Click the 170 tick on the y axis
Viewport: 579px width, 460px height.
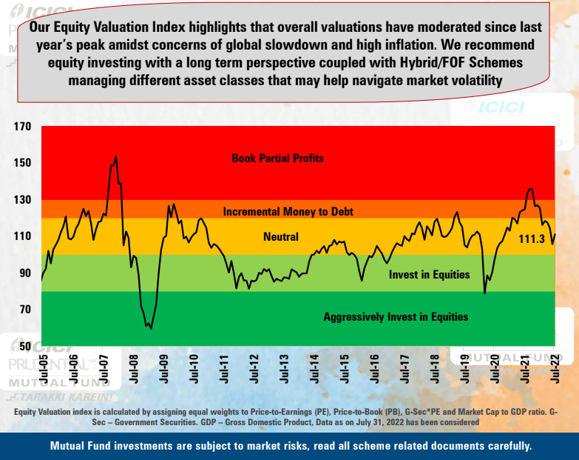point(22,127)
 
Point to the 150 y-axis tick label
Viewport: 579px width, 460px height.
point(22,163)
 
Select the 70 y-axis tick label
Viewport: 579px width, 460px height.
point(25,310)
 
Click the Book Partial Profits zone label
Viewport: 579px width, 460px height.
point(277,158)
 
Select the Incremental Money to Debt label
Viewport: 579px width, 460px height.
point(288,211)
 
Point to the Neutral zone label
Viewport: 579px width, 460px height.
point(281,237)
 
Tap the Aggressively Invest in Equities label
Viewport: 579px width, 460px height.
point(396,316)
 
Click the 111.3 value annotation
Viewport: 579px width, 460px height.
point(532,239)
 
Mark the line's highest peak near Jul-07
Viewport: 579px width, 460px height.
point(115,156)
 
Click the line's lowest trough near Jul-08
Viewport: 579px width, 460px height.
point(150,327)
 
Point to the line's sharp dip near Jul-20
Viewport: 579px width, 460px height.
point(484,293)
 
